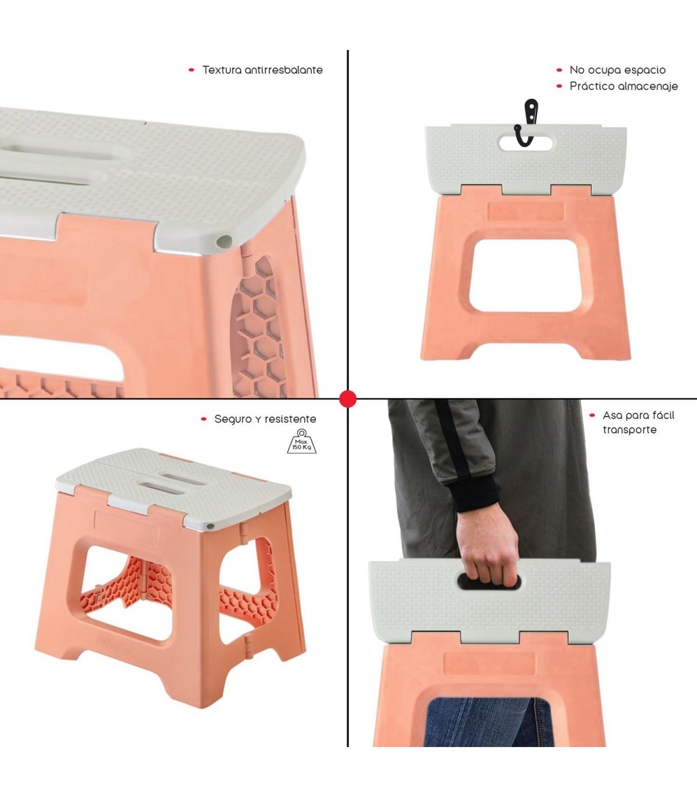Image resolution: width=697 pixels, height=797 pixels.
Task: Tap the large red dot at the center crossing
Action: click(x=348, y=398)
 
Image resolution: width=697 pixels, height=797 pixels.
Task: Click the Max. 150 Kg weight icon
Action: click(x=302, y=441)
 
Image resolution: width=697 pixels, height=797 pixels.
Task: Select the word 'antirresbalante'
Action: click(x=283, y=70)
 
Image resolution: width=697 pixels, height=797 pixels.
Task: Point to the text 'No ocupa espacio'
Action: click(x=617, y=70)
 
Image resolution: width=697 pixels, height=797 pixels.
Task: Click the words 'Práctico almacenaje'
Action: click(x=624, y=86)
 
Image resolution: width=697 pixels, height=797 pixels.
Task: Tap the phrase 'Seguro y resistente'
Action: click(x=265, y=419)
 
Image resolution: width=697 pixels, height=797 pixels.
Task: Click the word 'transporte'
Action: click(x=630, y=430)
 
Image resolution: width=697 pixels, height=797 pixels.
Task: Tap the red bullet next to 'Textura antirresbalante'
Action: click(x=191, y=70)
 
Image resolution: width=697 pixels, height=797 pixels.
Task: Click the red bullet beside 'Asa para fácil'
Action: click(x=592, y=416)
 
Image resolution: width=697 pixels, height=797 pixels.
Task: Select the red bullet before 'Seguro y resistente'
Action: click(x=204, y=419)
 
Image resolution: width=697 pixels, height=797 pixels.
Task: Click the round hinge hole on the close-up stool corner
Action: click(x=224, y=241)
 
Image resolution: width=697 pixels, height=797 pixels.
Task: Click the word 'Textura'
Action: click(x=222, y=70)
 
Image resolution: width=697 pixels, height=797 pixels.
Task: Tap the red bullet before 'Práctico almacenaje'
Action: click(x=559, y=86)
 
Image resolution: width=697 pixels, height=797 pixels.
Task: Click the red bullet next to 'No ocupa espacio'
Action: click(x=559, y=70)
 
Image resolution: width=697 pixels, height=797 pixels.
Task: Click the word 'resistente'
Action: click(x=290, y=419)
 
